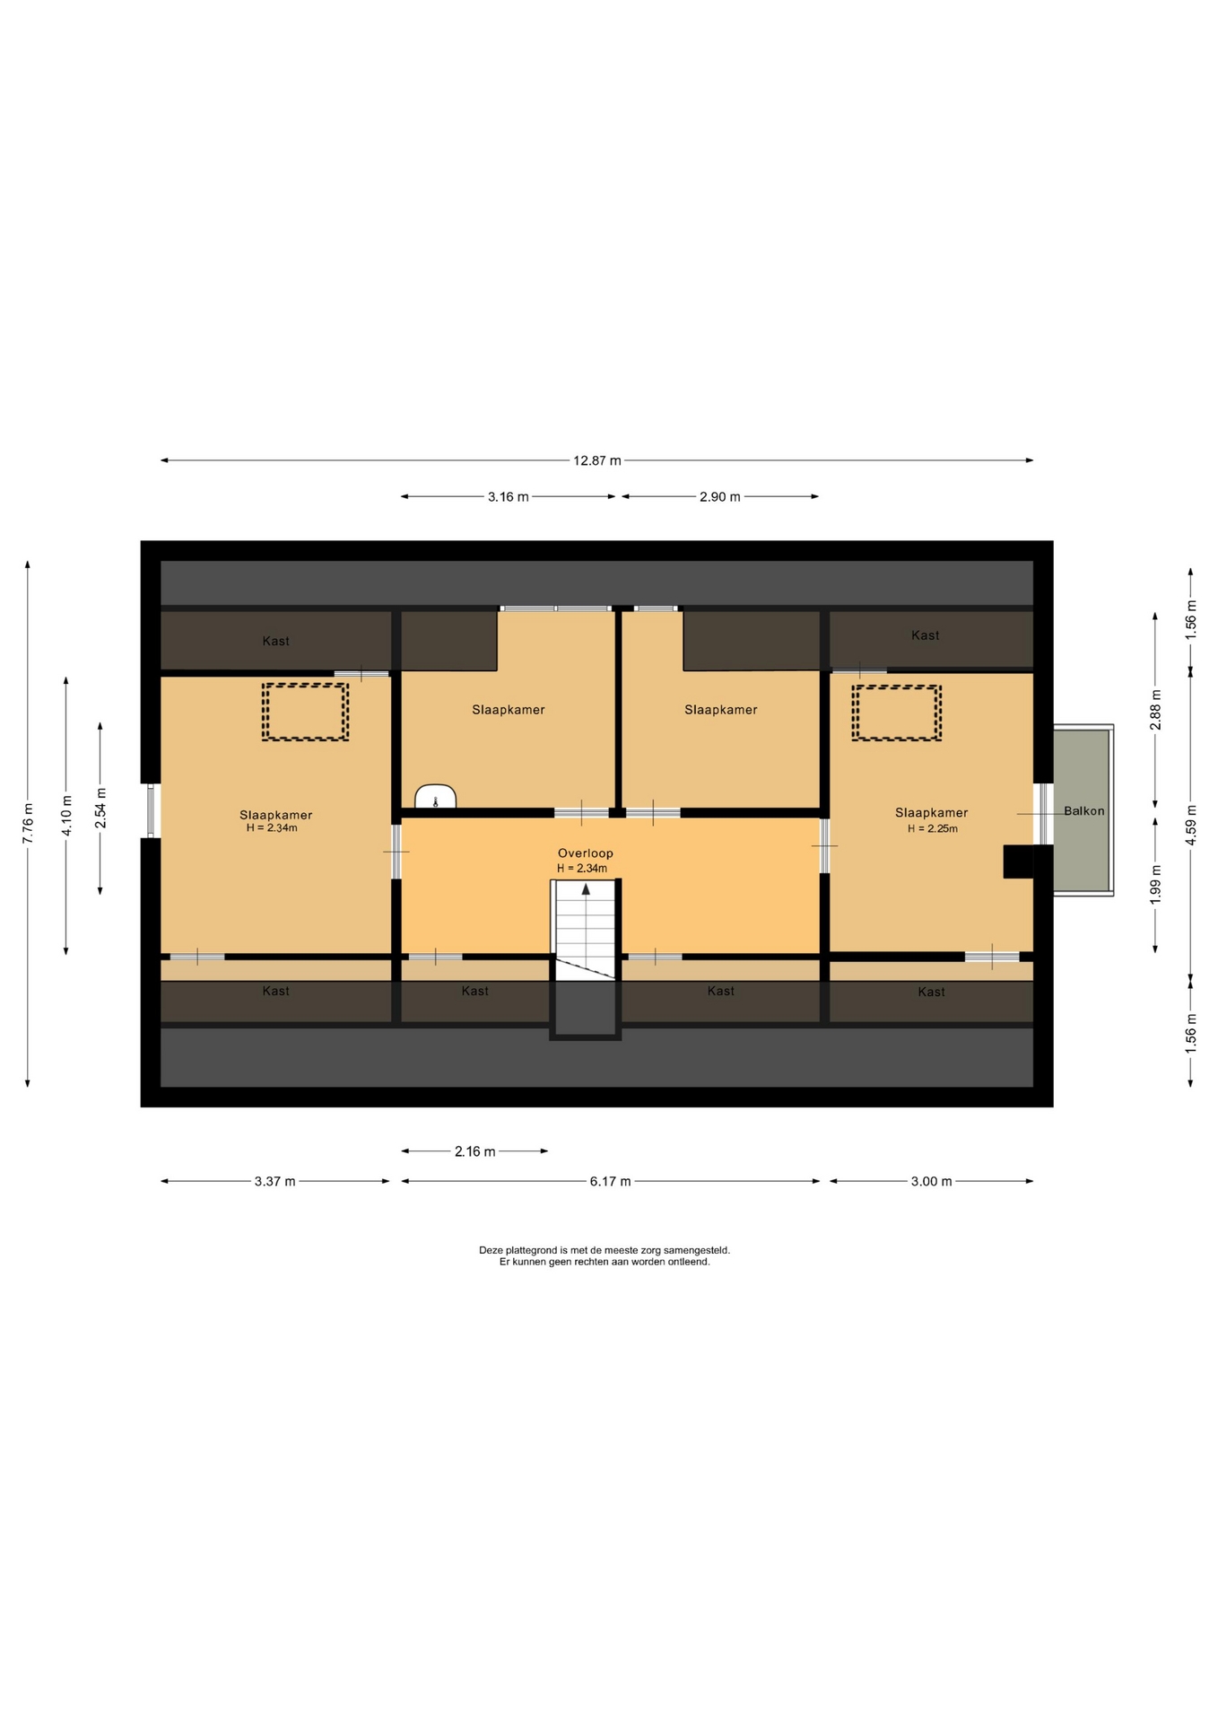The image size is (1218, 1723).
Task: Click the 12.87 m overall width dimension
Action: (597, 460)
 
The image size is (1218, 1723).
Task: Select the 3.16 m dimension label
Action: (509, 496)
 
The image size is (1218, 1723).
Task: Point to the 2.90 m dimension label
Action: (720, 496)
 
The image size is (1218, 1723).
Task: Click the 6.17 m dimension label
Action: (610, 1181)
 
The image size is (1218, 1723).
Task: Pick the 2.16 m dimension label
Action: (474, 1151)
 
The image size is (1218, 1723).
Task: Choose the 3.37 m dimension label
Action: (274, 1181)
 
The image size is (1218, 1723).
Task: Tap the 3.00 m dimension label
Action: (931, 1181)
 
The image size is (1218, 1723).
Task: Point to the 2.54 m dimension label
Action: (100, 808)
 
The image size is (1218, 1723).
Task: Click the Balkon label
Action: (1084, 810)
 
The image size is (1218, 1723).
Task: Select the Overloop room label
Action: (586, 853)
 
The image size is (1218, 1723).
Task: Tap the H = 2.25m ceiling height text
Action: (933, 828)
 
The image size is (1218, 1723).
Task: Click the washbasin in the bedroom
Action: (436, 797)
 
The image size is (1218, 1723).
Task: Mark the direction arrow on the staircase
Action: (587, 889)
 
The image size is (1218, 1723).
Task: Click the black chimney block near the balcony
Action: (1018, 862)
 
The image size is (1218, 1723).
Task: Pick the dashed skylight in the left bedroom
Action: (305, 712)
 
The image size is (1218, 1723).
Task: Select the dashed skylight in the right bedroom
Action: (897, 713)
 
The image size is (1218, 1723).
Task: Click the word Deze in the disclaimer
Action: (491, 1250)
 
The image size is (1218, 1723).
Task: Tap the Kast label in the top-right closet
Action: (926, 635)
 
